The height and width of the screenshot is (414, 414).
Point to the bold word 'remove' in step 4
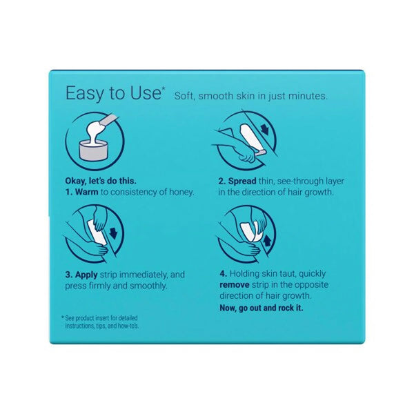coord(235,284)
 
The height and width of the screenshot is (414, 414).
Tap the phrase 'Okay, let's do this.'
coord(96,181)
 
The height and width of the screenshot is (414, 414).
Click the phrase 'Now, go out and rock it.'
coord(262,308)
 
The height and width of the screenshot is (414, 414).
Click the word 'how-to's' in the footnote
coord(127,324)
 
